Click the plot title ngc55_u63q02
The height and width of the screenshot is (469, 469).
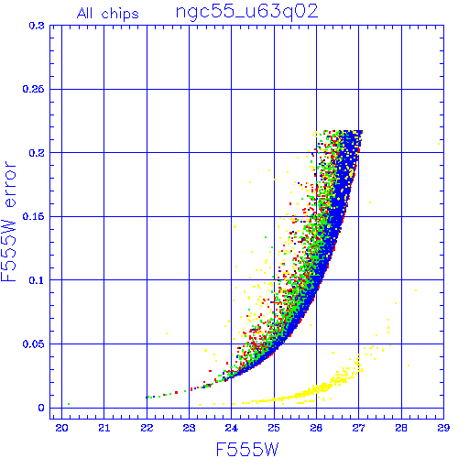pyautogui.click(x=246, y=12)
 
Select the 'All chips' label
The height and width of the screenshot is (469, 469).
pyautogui.click(x=108, y=14)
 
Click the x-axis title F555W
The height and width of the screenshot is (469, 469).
pyautogui.click(x=247, y=450)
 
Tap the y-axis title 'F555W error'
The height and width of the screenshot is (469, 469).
pyautogui.click(x=8, y=221)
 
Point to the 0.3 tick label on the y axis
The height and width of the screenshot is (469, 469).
pyautogui.click(x=37, y=26)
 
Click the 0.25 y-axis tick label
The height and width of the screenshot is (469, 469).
pyautogui.click(x=33, y=89)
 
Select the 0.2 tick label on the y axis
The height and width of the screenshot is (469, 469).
pyautogui.click(x=37, y=153)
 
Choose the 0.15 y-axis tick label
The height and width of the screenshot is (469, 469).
pyautogui.click(x=33, y=216)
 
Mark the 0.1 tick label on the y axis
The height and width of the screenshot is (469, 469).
pyautogui.click(x=37, y=280)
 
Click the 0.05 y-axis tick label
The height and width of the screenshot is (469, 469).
pyautogui.click(x=33, y=344)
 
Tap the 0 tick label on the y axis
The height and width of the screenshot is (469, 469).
pyautogui.click(x=41, y=408)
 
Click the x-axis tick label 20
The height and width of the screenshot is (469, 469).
pyautogui.click(x=61, y=428)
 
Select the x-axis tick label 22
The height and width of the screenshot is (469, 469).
pyautogui.click(x=147, y=428)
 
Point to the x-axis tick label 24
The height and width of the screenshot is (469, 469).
pyautogui.click(x=232, y=428)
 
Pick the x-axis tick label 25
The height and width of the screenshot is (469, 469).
pyautogui.click(x=274, y=428)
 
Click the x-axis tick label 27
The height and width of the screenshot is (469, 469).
pyautogui.click(x=358, y=428)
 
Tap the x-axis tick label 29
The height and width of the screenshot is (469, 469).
pyautogui.click(x=443, y=428)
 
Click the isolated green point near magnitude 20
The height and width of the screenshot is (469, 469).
pyautogui.click(x=69, y=404)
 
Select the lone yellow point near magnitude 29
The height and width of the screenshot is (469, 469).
pyautogui.click(x=439, y=144)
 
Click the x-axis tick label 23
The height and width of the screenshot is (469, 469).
pyautogui.click(x=189, y=428)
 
